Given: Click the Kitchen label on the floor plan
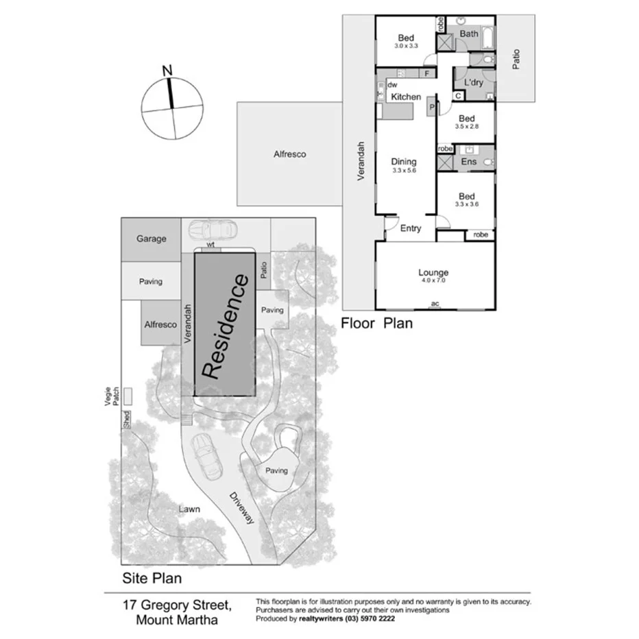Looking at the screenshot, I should coord(406,97).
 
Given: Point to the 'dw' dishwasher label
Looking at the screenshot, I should coord(392,85).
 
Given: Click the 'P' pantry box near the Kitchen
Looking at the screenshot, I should coord(432,107).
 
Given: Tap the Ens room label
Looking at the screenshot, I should coord(469,162).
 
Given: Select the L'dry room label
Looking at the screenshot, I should coord(473,83).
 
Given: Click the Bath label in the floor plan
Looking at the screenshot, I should coord(469,34).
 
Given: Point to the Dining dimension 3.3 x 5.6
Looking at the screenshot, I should coord(404,171).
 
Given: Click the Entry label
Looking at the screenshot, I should coord(410,228).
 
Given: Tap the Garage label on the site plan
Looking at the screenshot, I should coord(151,239).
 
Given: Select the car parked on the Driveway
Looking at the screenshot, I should coord(206,456).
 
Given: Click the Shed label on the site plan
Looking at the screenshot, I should coord(126,420).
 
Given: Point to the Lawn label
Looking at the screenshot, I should coord(189,509).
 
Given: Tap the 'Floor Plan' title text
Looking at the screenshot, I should coord(377,323).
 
